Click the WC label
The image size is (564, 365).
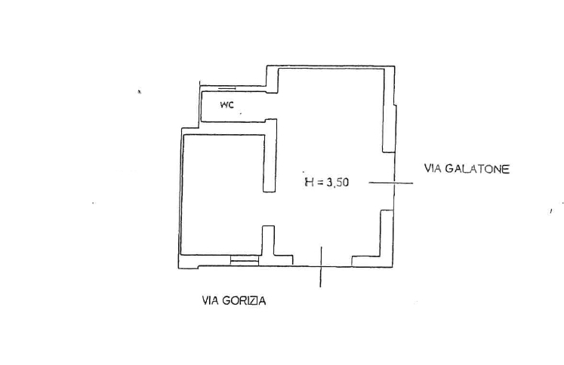[227, 105]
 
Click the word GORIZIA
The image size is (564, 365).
[244, 300]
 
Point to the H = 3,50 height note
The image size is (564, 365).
[327, 182]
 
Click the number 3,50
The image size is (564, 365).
[337, 182]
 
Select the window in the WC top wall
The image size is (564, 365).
[227, 88]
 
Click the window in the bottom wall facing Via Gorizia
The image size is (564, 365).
[245, 260]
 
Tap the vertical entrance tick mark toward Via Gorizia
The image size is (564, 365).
[321, 267]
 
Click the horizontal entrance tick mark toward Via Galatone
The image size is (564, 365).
[391, 183]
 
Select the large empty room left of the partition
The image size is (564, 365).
[223, 194]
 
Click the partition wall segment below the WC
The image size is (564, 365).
[270, 155]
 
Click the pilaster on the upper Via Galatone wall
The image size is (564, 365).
[389, 128]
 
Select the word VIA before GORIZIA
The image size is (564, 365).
[210, 300]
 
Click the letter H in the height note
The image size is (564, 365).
[309, 182]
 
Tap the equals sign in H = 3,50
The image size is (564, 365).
[320, 182]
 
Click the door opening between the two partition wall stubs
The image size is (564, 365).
[269, 209]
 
